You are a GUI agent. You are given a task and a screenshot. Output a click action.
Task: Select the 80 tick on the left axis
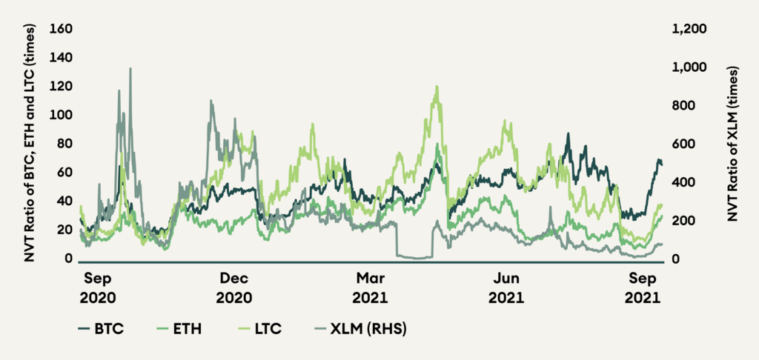61,144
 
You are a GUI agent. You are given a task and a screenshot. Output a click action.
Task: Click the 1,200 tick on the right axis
690,29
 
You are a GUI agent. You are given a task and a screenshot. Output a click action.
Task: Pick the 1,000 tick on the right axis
690,67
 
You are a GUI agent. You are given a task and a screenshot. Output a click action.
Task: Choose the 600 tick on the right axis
686,144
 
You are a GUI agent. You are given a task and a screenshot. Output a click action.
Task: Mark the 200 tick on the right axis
686,221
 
